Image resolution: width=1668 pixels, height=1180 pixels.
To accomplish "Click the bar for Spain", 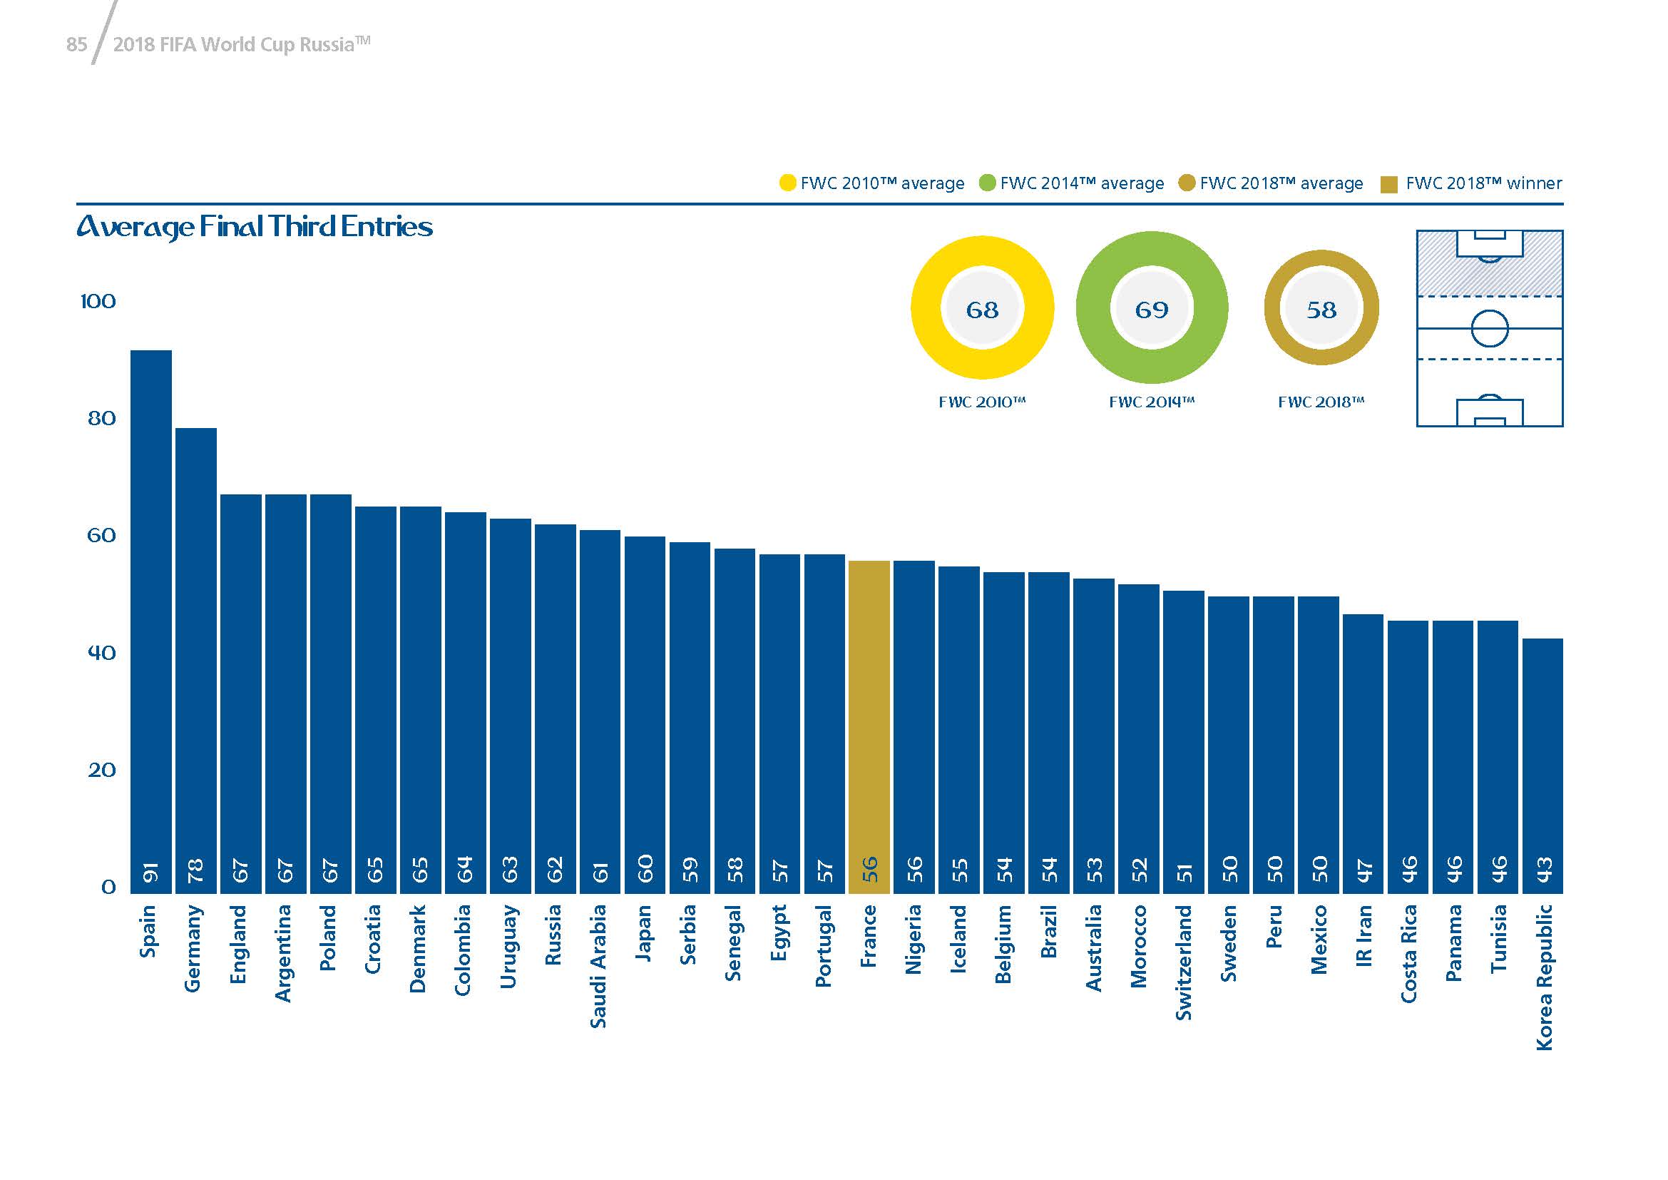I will pos(151,621).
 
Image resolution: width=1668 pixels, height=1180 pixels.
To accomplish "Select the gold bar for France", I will pos(869,726).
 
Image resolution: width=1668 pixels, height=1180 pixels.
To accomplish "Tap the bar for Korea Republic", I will pos(1542,766).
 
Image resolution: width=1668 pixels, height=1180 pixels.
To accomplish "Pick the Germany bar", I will pos(196,661).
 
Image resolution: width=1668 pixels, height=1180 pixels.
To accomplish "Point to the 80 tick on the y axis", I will pos(101,419).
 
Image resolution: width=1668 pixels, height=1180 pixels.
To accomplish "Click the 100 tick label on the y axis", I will pos(98,302).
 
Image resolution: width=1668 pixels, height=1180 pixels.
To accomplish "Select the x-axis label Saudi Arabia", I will pos(598,966).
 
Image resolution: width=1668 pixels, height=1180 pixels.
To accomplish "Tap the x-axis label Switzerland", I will pos(1184,962).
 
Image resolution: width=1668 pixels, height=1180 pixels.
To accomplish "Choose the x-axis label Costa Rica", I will pos(1408,953).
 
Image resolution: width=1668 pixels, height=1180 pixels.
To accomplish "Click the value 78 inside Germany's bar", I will pos(196,870).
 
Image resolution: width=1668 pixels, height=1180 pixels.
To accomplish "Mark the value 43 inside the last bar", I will pos(1543,870).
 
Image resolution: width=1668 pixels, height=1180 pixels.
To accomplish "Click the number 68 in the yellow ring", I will pos(982,310).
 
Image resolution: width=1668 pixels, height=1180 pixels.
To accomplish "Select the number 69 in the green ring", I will pos(1152,310).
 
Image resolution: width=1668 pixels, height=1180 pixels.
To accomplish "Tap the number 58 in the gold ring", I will pos(1321,310).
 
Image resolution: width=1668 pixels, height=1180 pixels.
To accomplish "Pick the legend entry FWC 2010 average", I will pos(872,184).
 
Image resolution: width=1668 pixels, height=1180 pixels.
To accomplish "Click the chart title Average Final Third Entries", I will pos(255,227).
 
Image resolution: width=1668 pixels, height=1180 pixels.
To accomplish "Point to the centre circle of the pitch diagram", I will pos(1489,328).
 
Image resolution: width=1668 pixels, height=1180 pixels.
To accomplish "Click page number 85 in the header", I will pos(76,45).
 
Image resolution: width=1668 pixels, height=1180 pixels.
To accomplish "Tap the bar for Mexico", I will pos(1318,745).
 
